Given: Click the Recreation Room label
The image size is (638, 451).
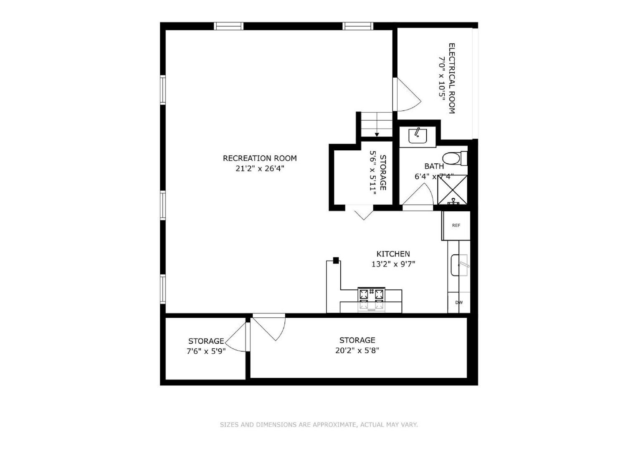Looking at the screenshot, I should coord(259,158).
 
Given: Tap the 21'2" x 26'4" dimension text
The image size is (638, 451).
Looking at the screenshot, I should coord(259,169).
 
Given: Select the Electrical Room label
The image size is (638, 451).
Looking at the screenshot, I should coord(451,78).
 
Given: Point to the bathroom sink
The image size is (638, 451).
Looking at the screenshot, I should coord(417,136).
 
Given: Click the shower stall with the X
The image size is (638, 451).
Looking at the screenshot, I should coord(452,190).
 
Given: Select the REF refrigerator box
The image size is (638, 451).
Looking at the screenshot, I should coord(456,225).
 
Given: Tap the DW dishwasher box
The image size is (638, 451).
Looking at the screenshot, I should coord(459,303).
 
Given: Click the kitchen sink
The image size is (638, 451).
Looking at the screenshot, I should coord(459,265).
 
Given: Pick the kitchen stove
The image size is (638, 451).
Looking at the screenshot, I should coord(371,300).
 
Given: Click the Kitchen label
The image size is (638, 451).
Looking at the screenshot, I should coord(393,254).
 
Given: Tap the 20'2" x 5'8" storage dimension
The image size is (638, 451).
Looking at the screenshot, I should coord(357,351).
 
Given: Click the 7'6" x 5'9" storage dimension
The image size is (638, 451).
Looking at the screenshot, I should coord(206,352).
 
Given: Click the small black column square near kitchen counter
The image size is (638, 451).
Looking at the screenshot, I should coord(335,260).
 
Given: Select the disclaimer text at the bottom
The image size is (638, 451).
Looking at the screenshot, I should coord(319,425).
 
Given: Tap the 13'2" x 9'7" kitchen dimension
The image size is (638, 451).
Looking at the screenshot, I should coord(393,264).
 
